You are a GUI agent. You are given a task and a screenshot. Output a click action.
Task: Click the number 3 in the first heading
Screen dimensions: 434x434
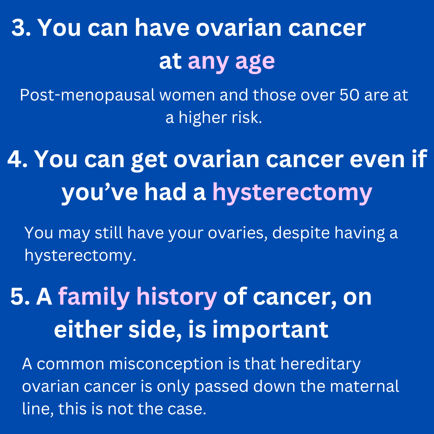(18, 28)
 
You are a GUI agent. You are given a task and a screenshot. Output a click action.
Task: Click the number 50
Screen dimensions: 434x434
(350, 95)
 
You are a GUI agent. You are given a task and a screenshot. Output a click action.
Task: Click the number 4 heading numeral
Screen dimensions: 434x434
(15, 159)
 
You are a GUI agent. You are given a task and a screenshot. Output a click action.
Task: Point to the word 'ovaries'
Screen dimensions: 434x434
(238, 233)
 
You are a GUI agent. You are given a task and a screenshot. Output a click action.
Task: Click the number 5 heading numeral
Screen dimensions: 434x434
(17, 297)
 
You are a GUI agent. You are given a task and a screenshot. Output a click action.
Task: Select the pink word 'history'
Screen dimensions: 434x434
(176, 297)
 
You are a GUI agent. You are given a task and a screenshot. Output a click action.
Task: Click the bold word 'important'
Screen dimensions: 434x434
(270, 330)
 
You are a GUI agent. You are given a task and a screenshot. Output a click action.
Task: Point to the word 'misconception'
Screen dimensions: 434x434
(166, 364)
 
